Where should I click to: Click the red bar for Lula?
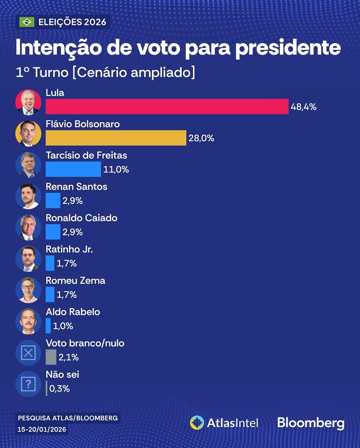pyautogui.click(x=167, y=107)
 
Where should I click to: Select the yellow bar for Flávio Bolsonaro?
pyautogui.click(x=116, y=138)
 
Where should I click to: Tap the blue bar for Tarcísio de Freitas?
pyautogui.click(x=73, y=169)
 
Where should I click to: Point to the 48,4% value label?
pyautogui.click(x=303, y=107)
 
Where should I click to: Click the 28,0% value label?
pyautogui.click(x=201, y=138)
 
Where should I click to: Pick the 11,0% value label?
pyautogui.click(x=116, y=170)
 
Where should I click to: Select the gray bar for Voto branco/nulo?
pyautogui.click(x=51, y=357)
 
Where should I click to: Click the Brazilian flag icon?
pyautogui.click(x=27, y=22)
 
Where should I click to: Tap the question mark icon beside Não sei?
pyautogui.click(x=28, y=384)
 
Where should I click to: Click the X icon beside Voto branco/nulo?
pyautogui.click(x=28, y=353)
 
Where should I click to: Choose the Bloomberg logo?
pyautogui.click(x=311, y=423)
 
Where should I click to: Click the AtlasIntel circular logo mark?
pyautogui.click(x=197, y=423)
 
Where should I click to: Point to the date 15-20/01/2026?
pyautogui.click(x=42, y=429)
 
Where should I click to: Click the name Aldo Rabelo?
pyautogui.click(x=73, y=312)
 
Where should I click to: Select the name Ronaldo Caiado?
pyautogui.click(x=81, y=218)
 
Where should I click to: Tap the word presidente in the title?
pyautogui.click(x=288, y=48)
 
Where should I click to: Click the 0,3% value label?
pyautogui.click(x=59, y=389)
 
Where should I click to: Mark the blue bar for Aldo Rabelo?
pyautogui.click(x=48, y=326)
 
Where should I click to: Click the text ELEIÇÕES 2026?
pyautogui.click(x=72, y=22)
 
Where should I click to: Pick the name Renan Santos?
pyautogui.click(x=76, y=187)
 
